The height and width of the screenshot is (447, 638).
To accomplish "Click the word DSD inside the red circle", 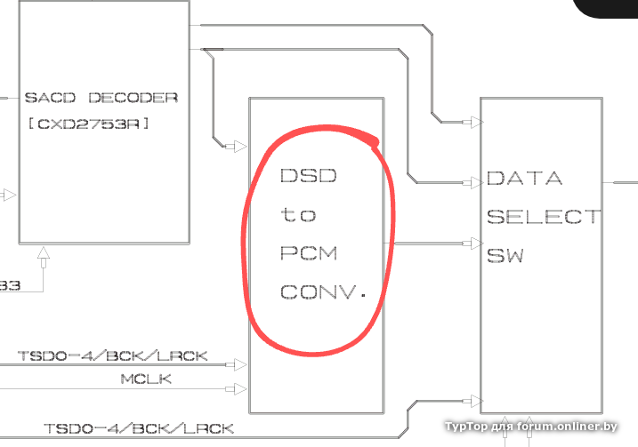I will click(309, 176).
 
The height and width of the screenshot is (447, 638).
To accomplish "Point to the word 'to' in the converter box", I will click(298, 215).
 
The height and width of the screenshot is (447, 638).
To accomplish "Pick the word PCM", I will click(309, 253).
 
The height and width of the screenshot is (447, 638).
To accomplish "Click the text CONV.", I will click(323, 292).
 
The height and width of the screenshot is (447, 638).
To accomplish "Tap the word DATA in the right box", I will click(524, 179).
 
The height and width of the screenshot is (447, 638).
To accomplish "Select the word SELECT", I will click(542, 217).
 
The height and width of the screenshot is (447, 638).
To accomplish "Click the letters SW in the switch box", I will click(505, 256).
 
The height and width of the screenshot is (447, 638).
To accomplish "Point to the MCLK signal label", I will click(146, 379).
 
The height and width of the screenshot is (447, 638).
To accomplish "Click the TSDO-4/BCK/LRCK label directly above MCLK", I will click(113, 356).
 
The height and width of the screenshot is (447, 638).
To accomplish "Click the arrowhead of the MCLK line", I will click(238, 388).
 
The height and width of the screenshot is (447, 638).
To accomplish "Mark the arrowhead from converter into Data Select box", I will click(472, 243).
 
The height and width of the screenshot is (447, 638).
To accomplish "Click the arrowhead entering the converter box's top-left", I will click(238, 145).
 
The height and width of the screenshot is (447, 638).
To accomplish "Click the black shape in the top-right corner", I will click(610, 8).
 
